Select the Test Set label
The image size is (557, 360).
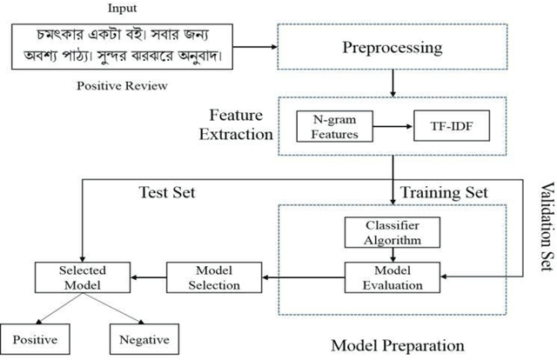(166, 190)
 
